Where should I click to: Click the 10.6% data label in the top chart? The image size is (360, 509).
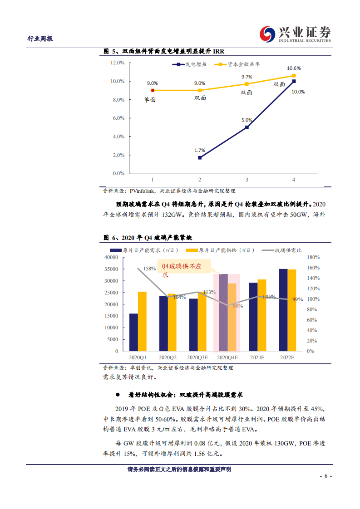click(294, 68)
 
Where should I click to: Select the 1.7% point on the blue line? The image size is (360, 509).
click(199, 158)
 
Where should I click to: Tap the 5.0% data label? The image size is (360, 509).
click(247, 120)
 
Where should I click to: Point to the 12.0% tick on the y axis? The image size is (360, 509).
click(118, 63)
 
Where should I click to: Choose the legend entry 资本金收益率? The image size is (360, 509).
click(240, 65)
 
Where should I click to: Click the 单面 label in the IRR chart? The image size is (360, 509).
click(150, 99)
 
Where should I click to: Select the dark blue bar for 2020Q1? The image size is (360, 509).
click(133, 332)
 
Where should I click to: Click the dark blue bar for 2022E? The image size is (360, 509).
click(283, 310)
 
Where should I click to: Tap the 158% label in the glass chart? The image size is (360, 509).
click(149, 269)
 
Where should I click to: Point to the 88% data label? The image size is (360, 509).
click(238, 306)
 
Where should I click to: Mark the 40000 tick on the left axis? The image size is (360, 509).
click(111, 257)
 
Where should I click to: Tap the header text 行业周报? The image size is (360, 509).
click(40, 39)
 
